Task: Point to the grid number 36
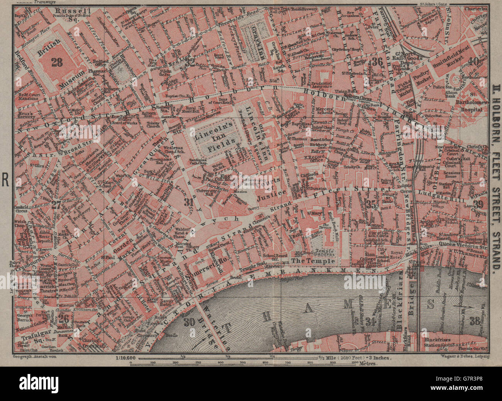point(377,61)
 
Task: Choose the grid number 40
point(475,61)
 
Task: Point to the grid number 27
point(56,205)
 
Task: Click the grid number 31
point(188,201)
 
